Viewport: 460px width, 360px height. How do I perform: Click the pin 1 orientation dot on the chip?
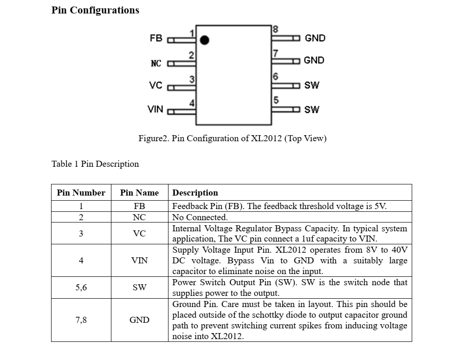pyautogui.click(x=205, y=40)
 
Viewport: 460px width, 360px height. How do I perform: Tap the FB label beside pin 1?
pyautogui.click(x=156, y=38)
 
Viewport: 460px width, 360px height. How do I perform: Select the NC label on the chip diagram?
pyautogui.click(x=156, y=64)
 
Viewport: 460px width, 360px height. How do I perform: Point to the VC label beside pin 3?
pyautogui.click(x=155, y=85)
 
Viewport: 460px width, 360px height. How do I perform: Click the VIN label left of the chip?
pyautogui.click(x=155, y=109)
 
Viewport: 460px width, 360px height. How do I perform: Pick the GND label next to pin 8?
pyautogui.click(x=315, y=38)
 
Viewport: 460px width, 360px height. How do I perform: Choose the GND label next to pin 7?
pyautogui.click(x=314, y=60)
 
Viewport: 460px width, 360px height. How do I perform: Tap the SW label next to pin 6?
pyautogui.click(x=311, y=85)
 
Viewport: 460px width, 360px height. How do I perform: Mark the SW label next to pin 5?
pyautogui.click(x=311, y=110)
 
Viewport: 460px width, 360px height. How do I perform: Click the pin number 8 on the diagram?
pyautogui.click(x=275, y=29)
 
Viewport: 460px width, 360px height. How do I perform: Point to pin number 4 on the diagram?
pyautogui.click(x=192, y=103)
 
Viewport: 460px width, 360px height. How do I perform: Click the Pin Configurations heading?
pyautogui.click(x=95, y=10)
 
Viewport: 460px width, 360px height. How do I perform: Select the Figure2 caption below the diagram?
pyautogui.click(x=233, y=138)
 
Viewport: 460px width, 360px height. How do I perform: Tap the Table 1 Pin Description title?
pyautogui.click(x=95, y=164)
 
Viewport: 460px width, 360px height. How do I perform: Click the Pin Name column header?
pyautogui.click(x=139, y=193)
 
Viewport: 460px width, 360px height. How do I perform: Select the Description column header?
pyautogui.click(x=195, y=193)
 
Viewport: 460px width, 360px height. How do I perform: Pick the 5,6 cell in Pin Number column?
pyautogui.click(x=81, y=287)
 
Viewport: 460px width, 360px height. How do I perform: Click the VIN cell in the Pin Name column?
pyautogui.click(x=139, y=261)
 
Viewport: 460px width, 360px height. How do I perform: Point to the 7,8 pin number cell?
pyautogui.click(x=81, y=320)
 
